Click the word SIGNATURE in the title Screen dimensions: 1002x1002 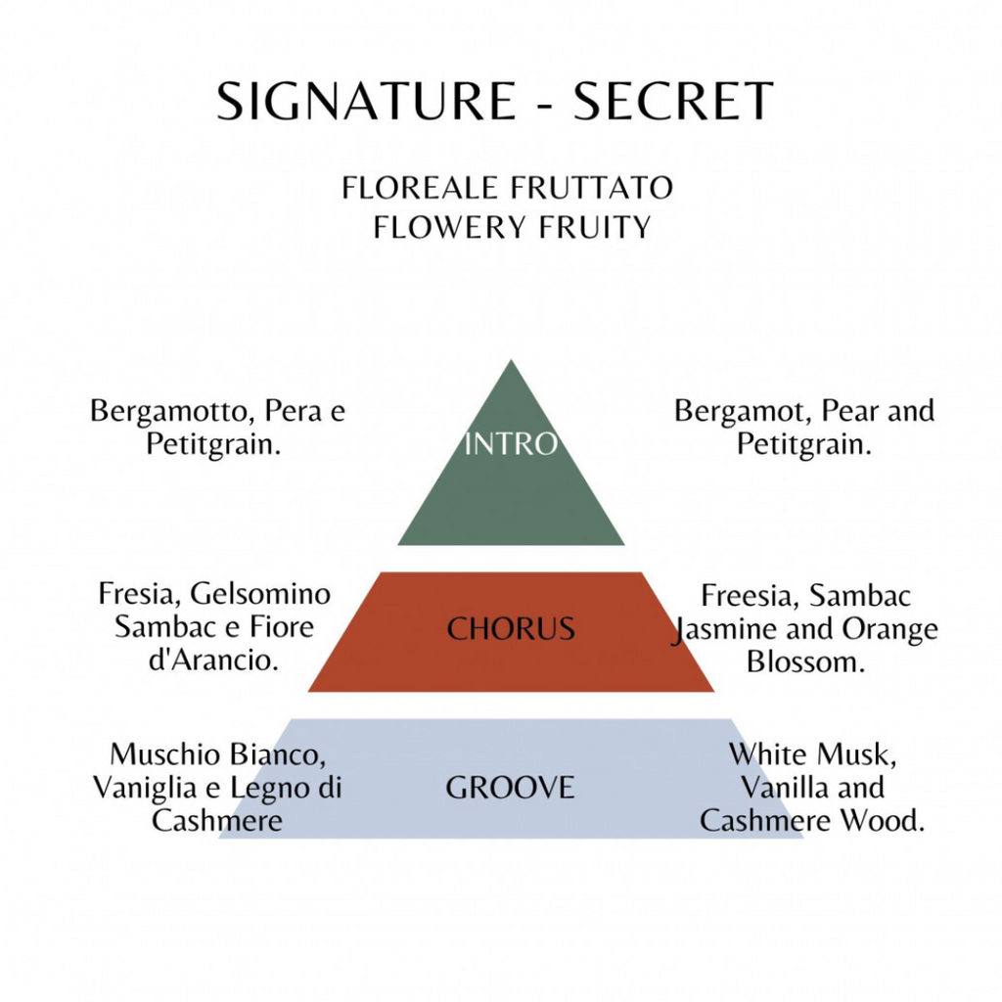(x=366, y=101)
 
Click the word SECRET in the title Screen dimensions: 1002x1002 (x=673, y=101)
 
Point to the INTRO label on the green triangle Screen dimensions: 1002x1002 (x=511, y=443)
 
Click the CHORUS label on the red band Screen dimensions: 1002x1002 (x=511, y=629)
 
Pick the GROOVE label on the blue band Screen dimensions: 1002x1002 (x=510, y=788)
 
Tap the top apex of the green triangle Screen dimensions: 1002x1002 (x=511, y=360)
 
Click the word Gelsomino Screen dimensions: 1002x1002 (x=260, y=594)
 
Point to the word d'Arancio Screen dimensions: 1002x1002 (x=214, y=660)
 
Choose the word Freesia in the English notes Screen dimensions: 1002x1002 (x=751, y=596)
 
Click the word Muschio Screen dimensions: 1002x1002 (x=165, y=754)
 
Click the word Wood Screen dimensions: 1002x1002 (x=882, y=821)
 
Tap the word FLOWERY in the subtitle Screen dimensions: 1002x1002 (x=450, y=227)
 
